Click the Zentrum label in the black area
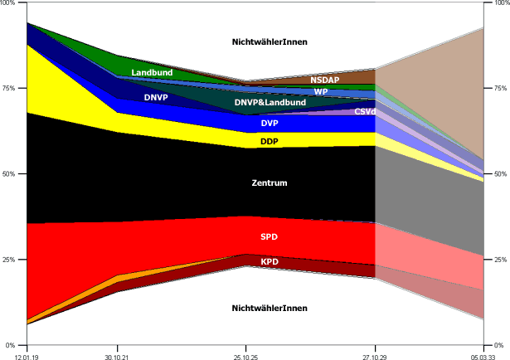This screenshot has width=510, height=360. (x=270, y=182)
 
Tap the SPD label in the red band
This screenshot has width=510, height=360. (x=270, y=237)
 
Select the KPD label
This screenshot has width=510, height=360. (x=270, y=262)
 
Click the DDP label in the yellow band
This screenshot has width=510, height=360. (x=270, y=142)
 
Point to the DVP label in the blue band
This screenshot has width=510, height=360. (x=270, y=124)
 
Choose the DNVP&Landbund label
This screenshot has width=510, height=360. (x=270, y=103)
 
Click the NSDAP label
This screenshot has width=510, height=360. (x=325, y=80)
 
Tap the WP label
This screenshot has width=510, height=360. (x=320, y=91)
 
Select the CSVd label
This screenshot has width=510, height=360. (x=365, y=111)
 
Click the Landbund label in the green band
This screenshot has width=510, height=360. (x=152, y=73)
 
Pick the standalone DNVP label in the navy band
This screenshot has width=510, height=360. (x=157, y=97)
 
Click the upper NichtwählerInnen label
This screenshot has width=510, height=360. (x=270, y=41)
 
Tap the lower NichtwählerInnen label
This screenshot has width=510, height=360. (x=270, y=309)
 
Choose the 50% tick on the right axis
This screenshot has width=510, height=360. (x=499, y=174)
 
